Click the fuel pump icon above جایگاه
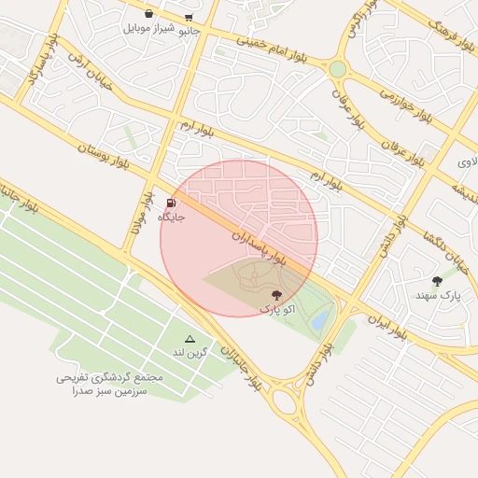pyautogui.click(x=171, y=203)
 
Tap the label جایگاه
pyautogui.click(x=171, y=217)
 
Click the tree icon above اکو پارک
pyautogui.click(x=274, y=294)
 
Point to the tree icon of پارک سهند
pyautogui.click(x=437, y=281)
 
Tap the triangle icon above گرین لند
pyautogui.click(x=190, y=338)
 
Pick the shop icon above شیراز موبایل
pyautogui.click(x=149, y=14)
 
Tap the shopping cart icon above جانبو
pyautogui.click(x=189, y=17)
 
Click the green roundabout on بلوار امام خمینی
pyautogui.click(x=337, y=69)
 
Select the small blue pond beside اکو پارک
pyautogui.click(x=319, y=320)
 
